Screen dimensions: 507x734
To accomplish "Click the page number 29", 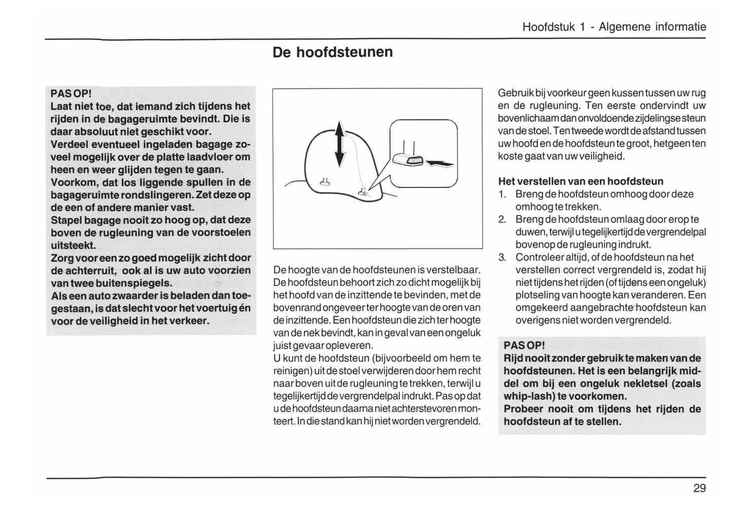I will [699, 488].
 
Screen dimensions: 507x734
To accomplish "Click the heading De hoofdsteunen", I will [333, 52].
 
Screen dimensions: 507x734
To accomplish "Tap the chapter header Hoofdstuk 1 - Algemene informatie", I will [614, 27].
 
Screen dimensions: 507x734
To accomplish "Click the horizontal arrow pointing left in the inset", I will [440, 163].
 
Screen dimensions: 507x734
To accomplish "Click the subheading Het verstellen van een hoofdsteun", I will [581, 181].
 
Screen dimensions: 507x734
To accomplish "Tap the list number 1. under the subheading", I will [502, 194].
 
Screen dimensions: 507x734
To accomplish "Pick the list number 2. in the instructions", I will [502, 219].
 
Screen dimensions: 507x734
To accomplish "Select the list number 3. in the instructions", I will [502, 258].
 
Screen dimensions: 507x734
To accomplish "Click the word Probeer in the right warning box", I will [524, 409].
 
